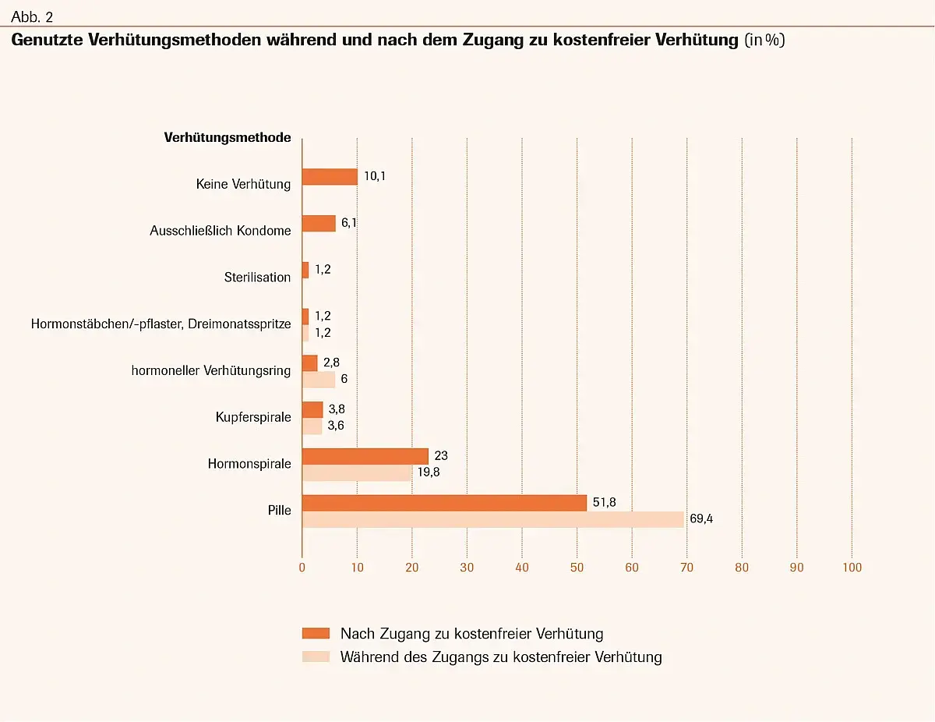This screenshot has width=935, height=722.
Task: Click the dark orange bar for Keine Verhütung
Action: coord(330,177)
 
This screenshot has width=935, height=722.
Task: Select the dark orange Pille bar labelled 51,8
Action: coord(444,503)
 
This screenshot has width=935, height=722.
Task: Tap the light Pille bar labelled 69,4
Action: coord(492,519)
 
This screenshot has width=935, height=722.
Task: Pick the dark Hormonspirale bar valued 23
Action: coord(365,456)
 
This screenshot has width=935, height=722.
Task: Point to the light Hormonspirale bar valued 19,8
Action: coord(356,472)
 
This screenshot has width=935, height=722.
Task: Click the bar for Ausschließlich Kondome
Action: coord(319,223)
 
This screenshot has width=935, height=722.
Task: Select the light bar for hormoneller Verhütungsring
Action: coord(319,380)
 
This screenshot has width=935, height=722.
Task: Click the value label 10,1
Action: coord(375,176)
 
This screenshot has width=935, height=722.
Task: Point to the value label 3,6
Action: coord(336,426)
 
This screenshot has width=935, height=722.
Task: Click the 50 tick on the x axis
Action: coord(577,568)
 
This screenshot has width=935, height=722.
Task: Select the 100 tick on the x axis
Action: coord(852,568)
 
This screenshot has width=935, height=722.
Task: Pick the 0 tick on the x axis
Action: coord(302,568)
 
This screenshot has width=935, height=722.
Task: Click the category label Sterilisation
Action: coord(257,278)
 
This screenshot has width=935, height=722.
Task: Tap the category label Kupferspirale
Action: coord(253,417)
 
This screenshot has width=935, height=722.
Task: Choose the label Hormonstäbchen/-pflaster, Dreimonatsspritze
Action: coord(161,324)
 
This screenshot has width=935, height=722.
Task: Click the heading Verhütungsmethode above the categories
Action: coord(228,138)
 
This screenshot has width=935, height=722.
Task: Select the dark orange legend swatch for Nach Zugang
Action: coord(316,633)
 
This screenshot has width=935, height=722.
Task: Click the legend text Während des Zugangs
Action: coord(501,657)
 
